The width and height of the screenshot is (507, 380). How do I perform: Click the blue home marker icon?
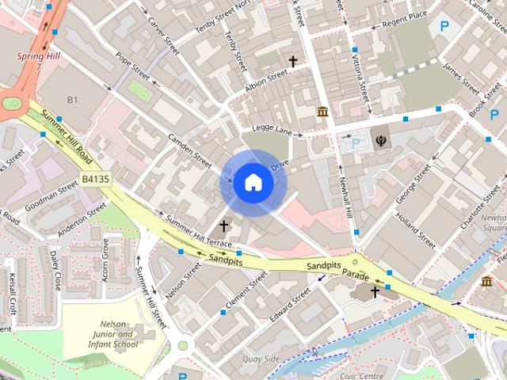[252, 183]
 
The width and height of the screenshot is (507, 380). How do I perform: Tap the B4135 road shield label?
[95, 180]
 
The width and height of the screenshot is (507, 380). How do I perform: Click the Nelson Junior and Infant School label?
[114, 334]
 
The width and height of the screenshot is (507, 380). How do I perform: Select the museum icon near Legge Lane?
[322, 112]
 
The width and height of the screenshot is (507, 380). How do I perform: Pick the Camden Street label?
[190, 150]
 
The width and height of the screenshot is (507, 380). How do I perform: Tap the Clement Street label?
[247, 290]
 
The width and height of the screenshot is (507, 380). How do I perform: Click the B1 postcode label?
[73, 100]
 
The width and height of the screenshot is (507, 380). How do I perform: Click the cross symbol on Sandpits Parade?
[375, 292]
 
